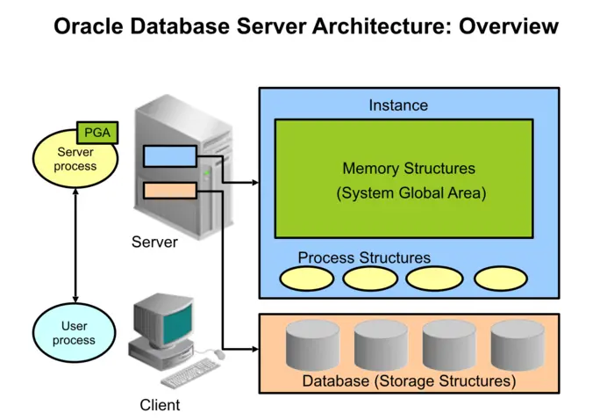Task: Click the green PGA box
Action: pos(97,133)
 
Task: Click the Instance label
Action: pos(398,105)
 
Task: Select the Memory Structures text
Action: pos(409,169)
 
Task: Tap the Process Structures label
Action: pos(364,257)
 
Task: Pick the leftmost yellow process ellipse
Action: pos(307,279)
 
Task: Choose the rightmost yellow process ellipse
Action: pos(501,279)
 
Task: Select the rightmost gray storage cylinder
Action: pos(518,344)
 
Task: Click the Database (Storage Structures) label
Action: pos(409,381)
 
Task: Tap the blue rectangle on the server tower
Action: pos(170,156)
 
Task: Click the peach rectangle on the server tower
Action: pos(170,190)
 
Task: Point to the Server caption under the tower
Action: pos(154,242)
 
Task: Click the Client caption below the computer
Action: pos(160,405)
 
